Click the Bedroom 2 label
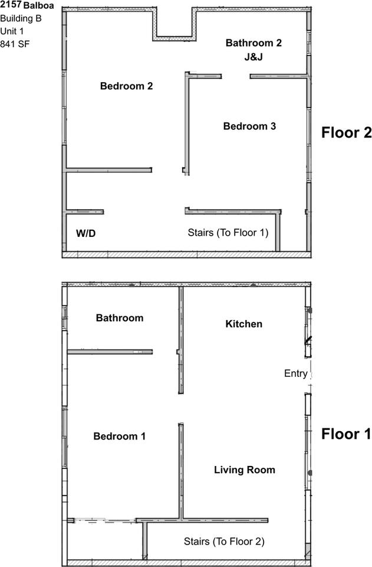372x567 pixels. point(126,86)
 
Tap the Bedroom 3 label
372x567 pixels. point(249,126)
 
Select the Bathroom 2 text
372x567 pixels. point(254,43)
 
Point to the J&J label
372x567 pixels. point(254,57)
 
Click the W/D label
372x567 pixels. point(85,234)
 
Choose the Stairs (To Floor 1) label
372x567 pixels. point(228,233)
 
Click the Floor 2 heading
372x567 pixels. point(346,133)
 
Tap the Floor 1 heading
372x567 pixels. point(346,435)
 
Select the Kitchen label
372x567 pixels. point(244,324)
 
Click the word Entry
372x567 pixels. point(295,373)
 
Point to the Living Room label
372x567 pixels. point(244,470)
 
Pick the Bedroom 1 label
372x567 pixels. point(119,436)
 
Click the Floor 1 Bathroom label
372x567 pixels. point(120,318)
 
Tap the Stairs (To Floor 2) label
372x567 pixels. point(224,541)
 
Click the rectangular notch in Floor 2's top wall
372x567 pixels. point(174,24)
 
